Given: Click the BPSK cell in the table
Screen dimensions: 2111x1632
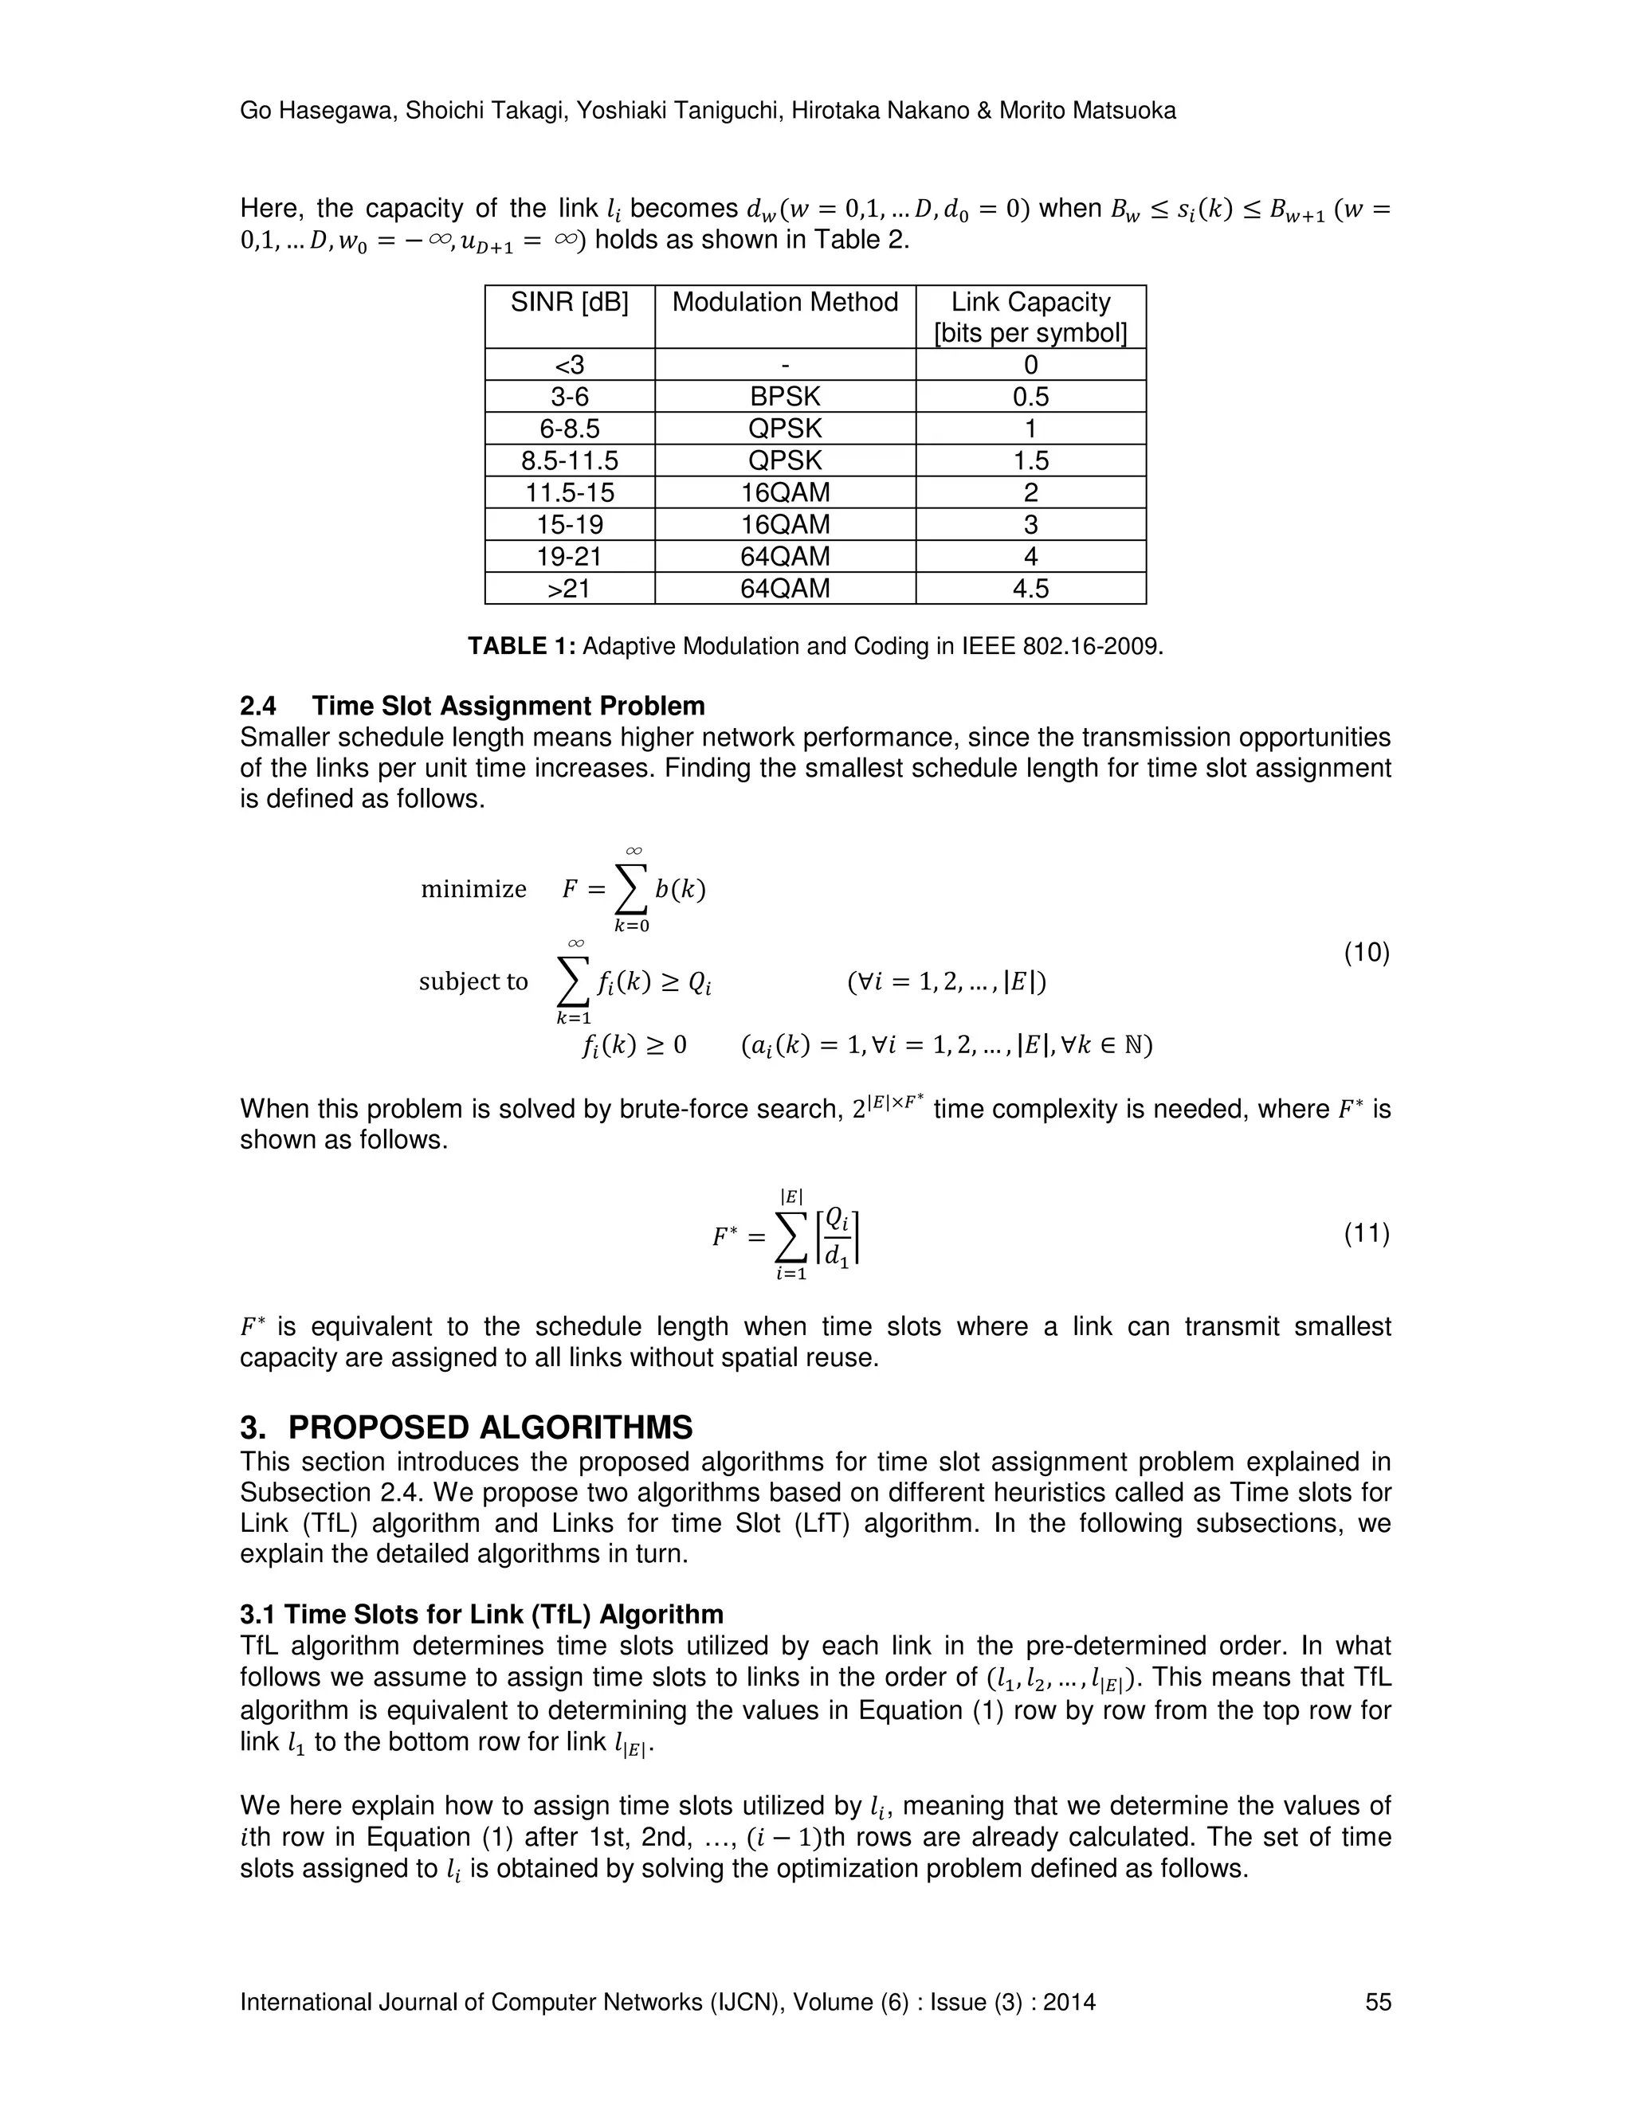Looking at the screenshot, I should pos(784,396).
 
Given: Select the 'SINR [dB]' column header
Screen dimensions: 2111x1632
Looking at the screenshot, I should pos(570,303).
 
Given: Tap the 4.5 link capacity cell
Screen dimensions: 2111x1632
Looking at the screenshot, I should pos(1030,589).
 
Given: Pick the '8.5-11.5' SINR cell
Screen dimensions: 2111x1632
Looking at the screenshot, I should pos(570,460).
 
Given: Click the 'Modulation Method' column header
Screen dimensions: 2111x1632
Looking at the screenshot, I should pos(784,303).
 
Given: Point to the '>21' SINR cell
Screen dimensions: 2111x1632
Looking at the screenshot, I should pos(570,589).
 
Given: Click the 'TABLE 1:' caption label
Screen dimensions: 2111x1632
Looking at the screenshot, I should pos(521,647).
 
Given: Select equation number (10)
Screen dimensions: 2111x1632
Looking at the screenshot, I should pos(1366,953).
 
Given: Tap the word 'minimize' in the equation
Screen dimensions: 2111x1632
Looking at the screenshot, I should pos(474,889).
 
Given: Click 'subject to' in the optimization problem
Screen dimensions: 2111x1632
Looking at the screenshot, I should pos(473,982).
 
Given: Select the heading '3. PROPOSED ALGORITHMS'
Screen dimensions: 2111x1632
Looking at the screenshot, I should pos(466,1428).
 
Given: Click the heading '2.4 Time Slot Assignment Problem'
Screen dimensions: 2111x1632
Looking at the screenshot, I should pos(472,706).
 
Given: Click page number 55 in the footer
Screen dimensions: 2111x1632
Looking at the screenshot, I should pos(1378,2002).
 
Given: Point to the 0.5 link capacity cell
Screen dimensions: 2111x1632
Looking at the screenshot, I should pos(1030,396).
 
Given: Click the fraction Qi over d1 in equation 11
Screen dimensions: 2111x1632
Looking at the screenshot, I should pos(839,1237).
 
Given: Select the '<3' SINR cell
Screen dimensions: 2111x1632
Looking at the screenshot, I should pos(570,364).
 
